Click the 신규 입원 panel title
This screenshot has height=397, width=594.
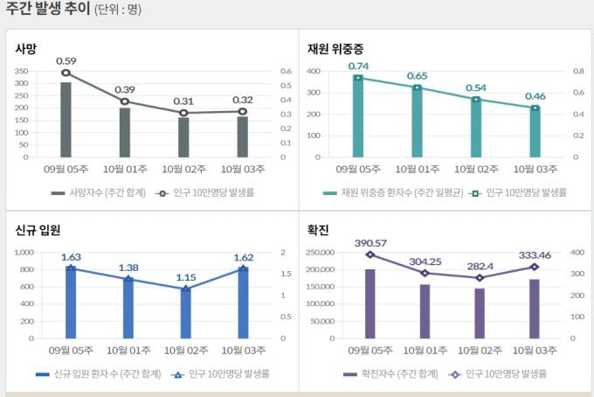point(38,230)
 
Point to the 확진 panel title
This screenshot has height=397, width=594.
point(317,230)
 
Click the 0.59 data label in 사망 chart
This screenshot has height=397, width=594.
point(66,60)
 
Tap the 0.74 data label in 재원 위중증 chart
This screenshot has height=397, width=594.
point(358,66)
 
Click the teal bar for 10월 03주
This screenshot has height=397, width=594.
point(535,132)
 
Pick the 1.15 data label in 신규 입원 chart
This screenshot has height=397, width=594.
point(184,277)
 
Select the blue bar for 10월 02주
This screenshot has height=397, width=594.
point(184,313)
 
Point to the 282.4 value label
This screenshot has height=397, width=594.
point(476,266)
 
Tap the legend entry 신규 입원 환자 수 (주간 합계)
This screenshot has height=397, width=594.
point(98,373)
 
